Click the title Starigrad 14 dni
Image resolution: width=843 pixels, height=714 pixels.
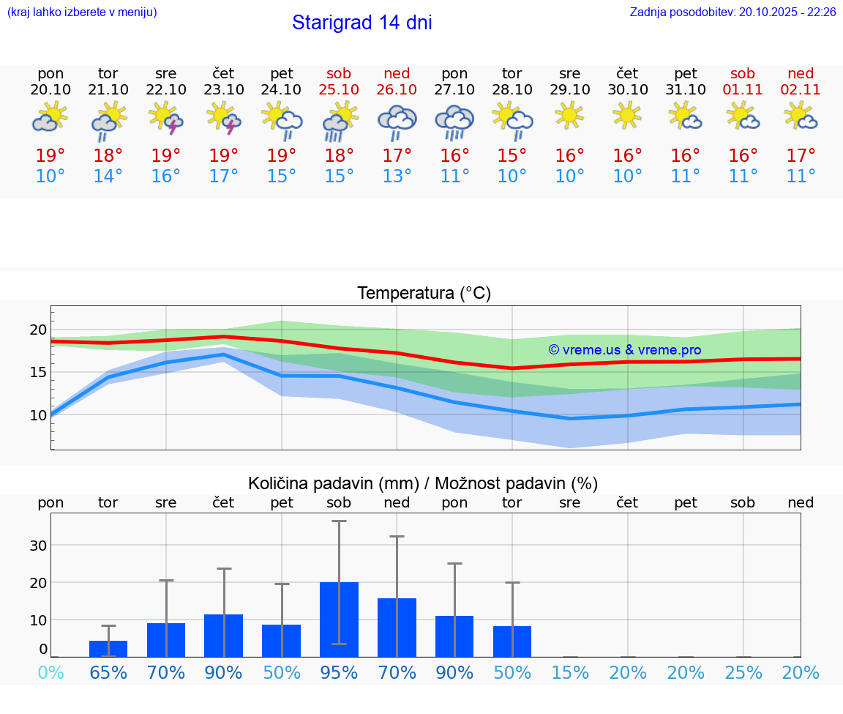point(361,23)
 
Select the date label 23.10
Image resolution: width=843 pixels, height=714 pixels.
point(223,89)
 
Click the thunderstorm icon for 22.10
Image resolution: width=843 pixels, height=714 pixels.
point(165,119)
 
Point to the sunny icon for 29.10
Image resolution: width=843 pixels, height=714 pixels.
point(569,116)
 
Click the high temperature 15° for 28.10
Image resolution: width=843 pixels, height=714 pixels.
point(512,155)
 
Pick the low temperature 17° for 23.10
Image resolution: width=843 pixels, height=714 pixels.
point(223,176)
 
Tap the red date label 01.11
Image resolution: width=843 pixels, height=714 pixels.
point(743,89)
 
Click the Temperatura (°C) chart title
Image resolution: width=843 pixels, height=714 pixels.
point(424,293)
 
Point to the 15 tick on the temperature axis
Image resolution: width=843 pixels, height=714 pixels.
point(38,372)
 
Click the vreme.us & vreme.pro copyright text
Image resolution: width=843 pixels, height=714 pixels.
point(625,350)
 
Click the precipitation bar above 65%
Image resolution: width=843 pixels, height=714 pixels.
point(108,649)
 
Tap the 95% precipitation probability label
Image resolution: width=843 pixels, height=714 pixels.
point(339,672)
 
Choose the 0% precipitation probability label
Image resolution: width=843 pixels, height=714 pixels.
point(50,672)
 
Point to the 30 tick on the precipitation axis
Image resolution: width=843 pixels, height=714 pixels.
point(38,545)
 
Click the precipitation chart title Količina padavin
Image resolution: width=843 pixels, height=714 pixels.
point(423,483)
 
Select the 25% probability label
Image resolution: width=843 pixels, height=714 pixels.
point(743,672)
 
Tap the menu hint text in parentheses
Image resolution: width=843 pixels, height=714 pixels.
point(82,12)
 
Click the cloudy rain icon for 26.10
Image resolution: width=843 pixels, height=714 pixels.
point(397,122)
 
